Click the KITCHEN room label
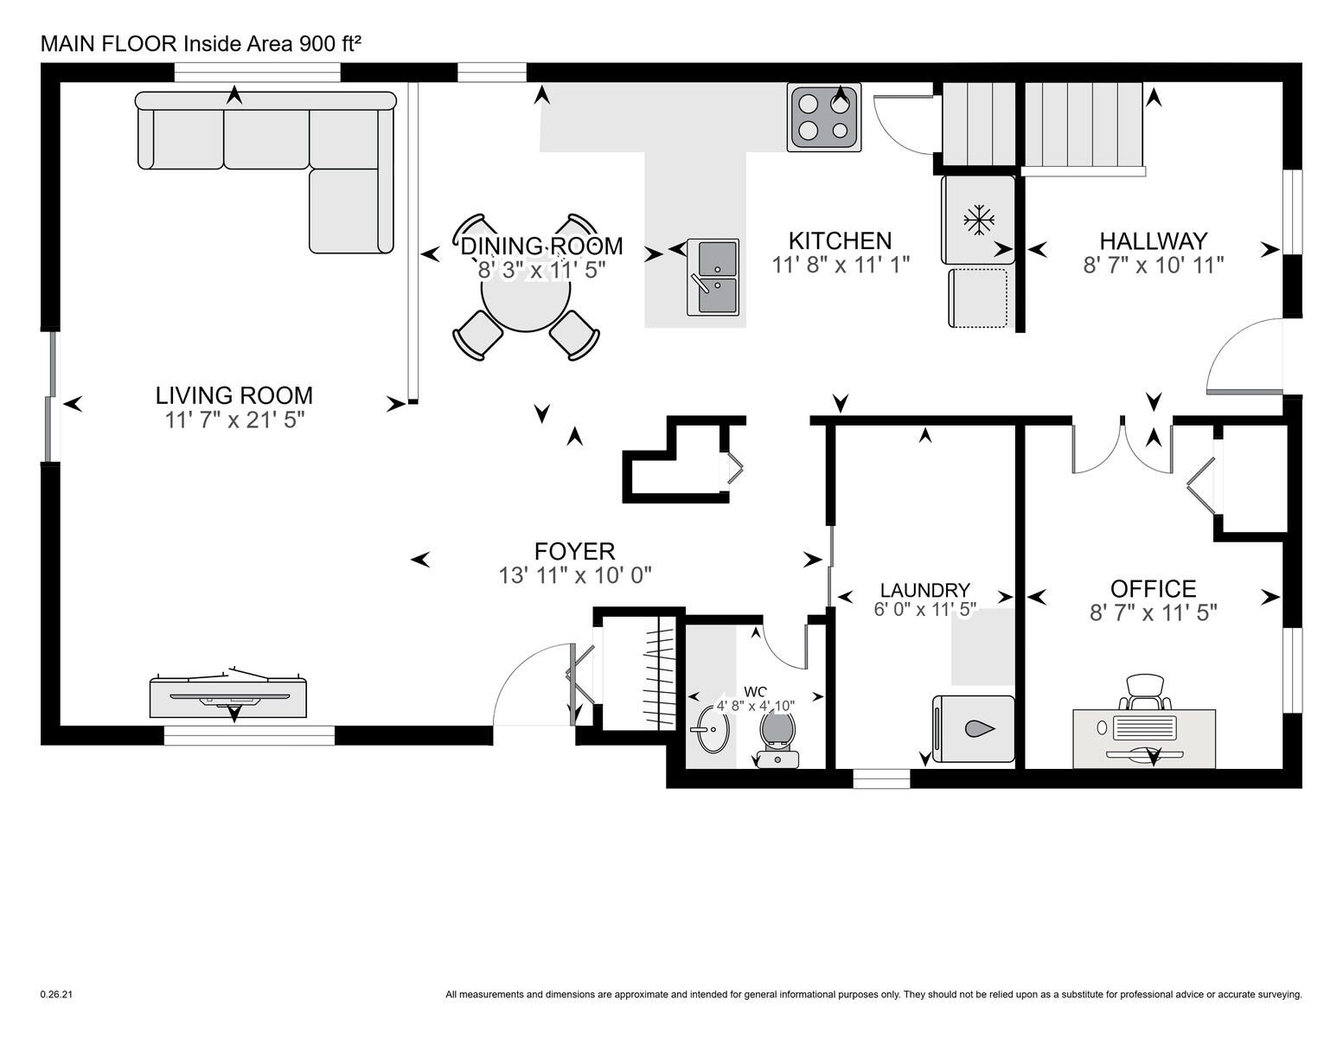[840, 240]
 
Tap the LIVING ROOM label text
[234, 395]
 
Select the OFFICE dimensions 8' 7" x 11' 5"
[1154, 612]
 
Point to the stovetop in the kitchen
[824, 118]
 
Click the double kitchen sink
[713, 278]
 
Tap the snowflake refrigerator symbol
[979, 220]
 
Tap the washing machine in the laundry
[974, 729]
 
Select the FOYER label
[574, 551]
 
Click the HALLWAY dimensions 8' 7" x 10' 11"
[1154, 266]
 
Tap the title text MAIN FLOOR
[109, 44]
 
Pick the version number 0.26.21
[56, 995]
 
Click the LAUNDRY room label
[924, 590]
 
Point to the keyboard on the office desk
[1144, 727]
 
